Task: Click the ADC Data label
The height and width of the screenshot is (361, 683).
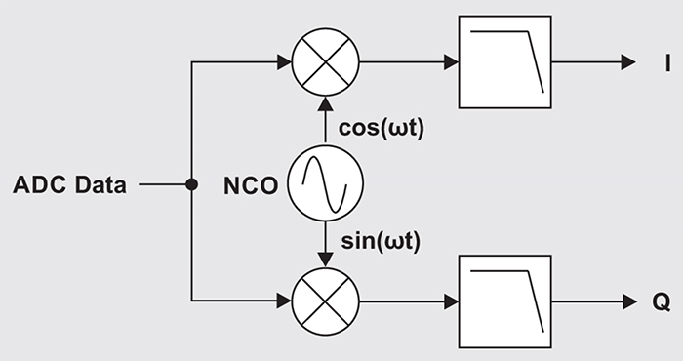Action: (x=69, y=183)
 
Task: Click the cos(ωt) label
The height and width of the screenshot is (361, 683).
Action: (x=380, y=127)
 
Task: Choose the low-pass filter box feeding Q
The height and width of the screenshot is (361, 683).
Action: (x=504, y=301)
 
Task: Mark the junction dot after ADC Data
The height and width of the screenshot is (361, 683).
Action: (x=192, y=183)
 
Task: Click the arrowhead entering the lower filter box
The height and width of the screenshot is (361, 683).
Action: (x=451, y=301)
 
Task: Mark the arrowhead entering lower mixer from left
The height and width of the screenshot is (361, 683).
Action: (x=284, y=301)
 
